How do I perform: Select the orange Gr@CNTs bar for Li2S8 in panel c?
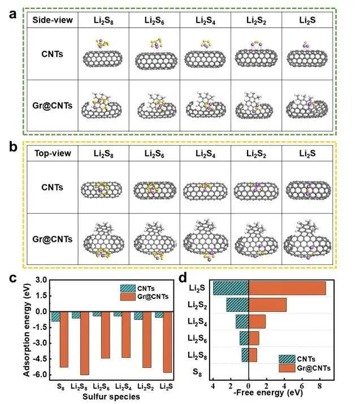point(84,343)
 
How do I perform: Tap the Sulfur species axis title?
point(107,397)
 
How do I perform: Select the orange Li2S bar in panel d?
point(287,288)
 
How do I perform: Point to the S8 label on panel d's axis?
point(197,372)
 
